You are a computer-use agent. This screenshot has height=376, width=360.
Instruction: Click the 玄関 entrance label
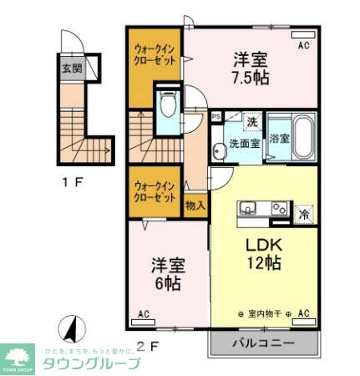pos(70,68)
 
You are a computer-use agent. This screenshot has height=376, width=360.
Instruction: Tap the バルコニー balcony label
pos(263,343)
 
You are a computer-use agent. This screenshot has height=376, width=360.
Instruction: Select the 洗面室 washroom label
pos(244,143)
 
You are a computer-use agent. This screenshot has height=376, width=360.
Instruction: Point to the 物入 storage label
pos(195,205)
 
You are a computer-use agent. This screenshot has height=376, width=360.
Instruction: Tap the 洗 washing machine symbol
pos(251,122)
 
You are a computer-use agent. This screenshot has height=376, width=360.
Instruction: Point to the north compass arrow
pos(71,328)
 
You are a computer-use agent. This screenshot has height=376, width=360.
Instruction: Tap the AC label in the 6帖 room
pos(144,314)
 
